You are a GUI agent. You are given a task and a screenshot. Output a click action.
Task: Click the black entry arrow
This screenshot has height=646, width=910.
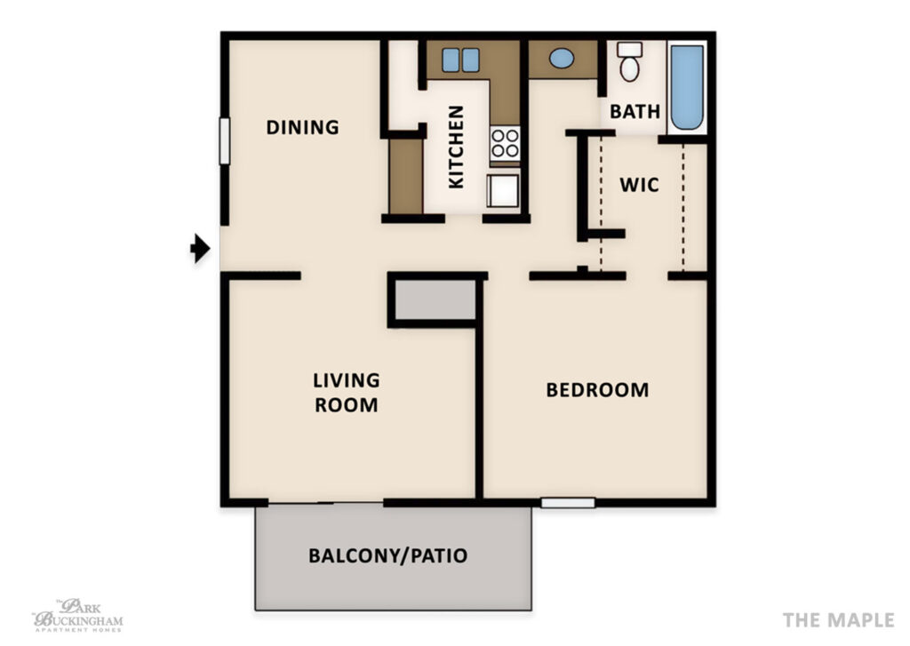tap(200, 249)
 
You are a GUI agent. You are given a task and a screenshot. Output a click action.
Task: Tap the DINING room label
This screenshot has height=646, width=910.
tap(302, 127)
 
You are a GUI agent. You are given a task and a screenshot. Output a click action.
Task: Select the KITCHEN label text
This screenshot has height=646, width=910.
tap(456, 147)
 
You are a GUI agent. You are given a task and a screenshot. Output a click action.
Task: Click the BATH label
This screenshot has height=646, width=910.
tap(635, 112)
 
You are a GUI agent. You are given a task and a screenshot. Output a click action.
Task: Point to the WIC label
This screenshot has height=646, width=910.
tap(638, 186)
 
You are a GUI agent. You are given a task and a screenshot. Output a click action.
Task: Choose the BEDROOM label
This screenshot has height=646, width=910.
tap(596, 390)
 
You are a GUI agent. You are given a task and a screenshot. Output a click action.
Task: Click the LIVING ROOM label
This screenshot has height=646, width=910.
tap(346, 393)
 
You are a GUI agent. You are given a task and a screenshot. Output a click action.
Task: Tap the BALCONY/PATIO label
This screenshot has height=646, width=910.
tap(387, 556)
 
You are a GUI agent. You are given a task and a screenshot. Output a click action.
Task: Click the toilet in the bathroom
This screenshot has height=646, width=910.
tap(629, 61)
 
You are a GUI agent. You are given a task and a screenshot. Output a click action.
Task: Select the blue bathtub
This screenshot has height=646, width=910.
tap(687, 86)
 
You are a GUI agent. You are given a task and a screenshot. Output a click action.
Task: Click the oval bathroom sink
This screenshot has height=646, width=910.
tap(561, 59)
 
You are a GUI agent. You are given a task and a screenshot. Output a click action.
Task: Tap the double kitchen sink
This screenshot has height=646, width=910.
tap(460, 60)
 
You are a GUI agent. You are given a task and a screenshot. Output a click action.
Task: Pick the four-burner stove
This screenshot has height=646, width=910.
tap(505, 143)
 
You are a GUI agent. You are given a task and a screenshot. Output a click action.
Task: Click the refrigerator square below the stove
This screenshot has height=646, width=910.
tap(502, 190)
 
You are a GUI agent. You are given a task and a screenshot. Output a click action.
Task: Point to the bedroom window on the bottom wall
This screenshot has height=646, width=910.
tap(568, 503)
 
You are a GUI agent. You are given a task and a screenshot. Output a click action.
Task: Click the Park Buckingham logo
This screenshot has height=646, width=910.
tap(78, 615)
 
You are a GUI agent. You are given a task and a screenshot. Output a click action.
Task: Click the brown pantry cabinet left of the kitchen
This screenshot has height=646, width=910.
tap(405, 175)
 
